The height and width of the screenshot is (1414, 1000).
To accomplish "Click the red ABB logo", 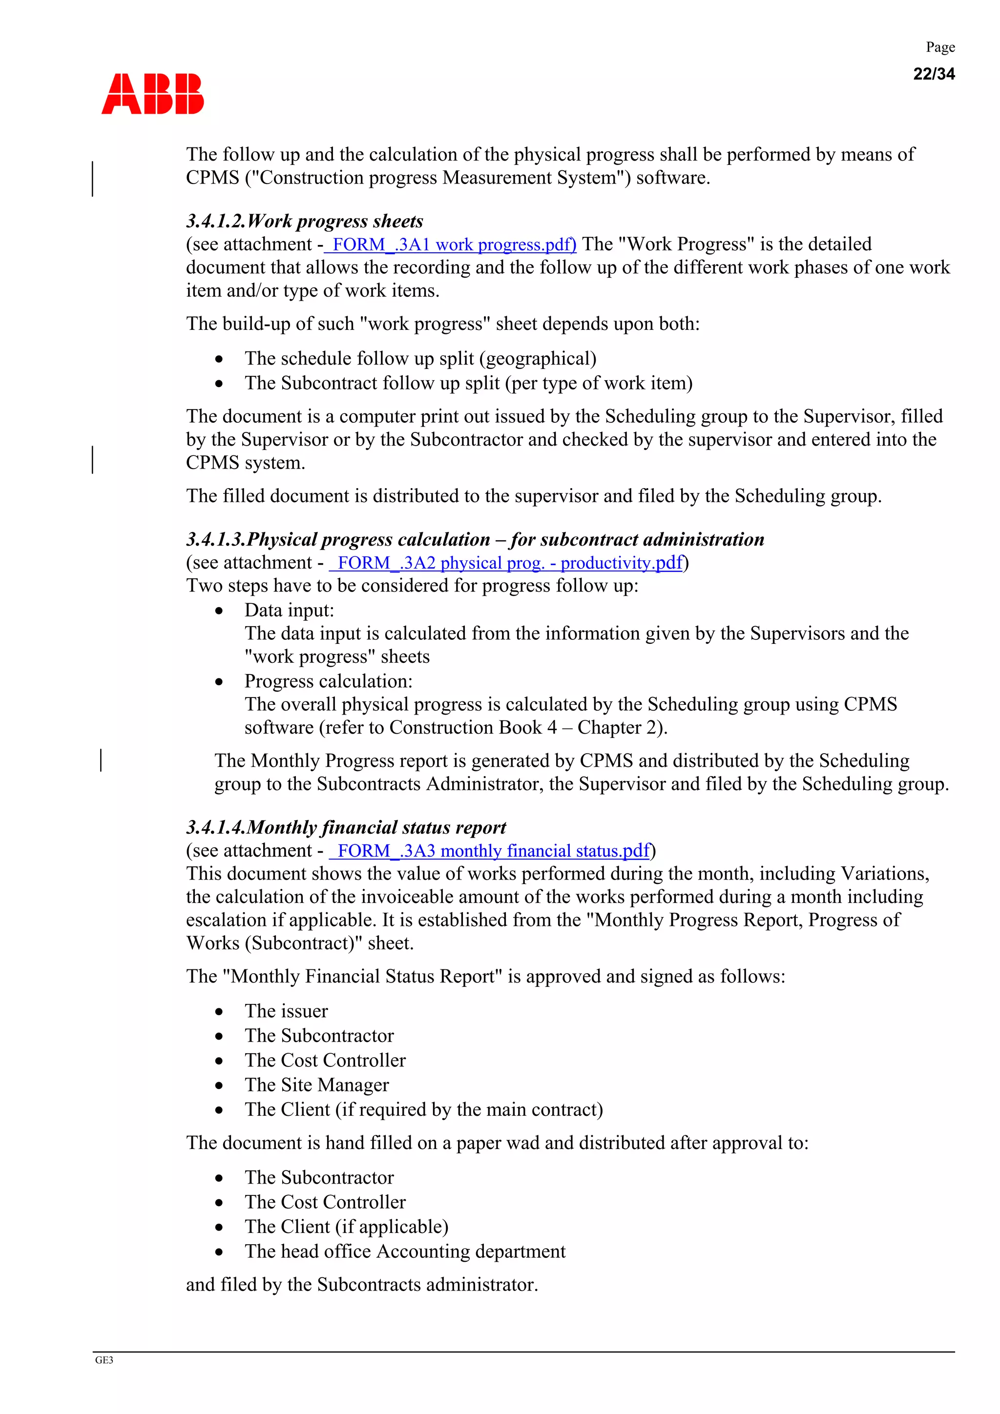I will tap(152, 94).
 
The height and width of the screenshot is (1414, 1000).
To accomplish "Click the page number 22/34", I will tap(934, 74).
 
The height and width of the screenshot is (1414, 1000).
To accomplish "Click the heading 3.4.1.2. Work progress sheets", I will tap(304, 221).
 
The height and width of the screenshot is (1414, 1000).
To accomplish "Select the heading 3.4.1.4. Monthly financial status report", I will tap(346, 827).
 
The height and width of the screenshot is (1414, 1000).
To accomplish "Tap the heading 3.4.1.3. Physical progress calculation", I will tap(475, 539).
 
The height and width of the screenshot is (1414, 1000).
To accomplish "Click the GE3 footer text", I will tap(104, 1360).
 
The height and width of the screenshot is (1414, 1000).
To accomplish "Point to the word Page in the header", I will tap(939, 47).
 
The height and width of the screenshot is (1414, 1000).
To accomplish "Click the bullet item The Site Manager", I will tap(317, 1085).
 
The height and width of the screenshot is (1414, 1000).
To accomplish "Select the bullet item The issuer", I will tap(286, 1011).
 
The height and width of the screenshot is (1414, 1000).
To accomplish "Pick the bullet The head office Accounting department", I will tap(404, 1251).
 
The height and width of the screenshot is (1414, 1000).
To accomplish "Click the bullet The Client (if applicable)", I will tap(346, 1226).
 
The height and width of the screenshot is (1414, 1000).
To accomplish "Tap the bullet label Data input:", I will tap(289, 610).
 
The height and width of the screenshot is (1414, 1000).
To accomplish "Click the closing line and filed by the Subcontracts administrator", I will tap(362, 1284).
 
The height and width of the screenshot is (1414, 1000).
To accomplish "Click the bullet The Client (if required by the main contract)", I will tap(423, 1109).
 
